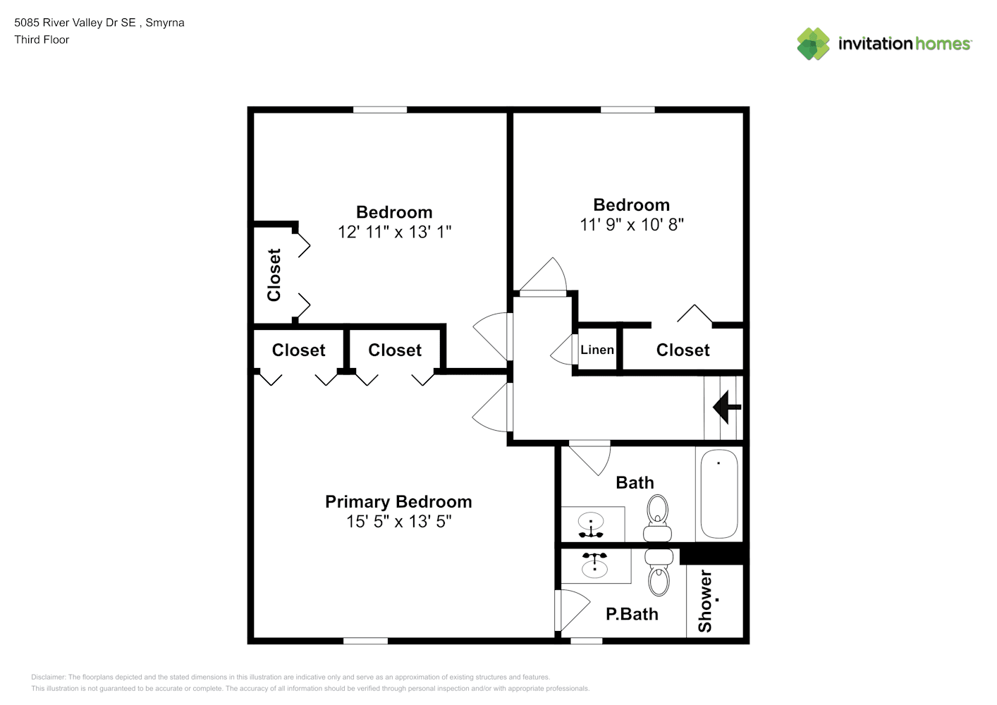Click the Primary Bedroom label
pyautogui.click(x=398, y=501)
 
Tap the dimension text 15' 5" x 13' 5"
pyautogui.click(x=399, y=521)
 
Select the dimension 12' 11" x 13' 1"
pyautogui.click(x=394, y=232)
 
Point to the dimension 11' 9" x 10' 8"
pyautogui.click(x=632, y=225)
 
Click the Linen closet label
pyautogui.click(x=597, y=350)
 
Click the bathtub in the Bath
pyautogui.click(x=718, y=494)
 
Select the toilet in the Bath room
pyautogui.click(x=657, y=518)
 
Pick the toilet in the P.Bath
pyautogui.click(x=659, y=572)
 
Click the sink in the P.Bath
pyautogui.click(x=594, y=566)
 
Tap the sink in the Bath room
pyautogui.click(x=591, y=525)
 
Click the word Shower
pyautogui.click(x=705, y=601)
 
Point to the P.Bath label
pyautogui.click(x=632, y=614)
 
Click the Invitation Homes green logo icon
pyautogui.click(x=813, y=44)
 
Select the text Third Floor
pyautogui.click(x=42, y=39)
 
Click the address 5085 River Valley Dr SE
pyautogui.click(x=75, y=23)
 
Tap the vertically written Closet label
pyautogui.click(x=274, y=275)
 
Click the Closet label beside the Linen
pyautogui.click(x=683, y=350)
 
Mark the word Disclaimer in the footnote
pyautogui.click(x=48, y=677)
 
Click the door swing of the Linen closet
pyautogui.click(x=562, y=350)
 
